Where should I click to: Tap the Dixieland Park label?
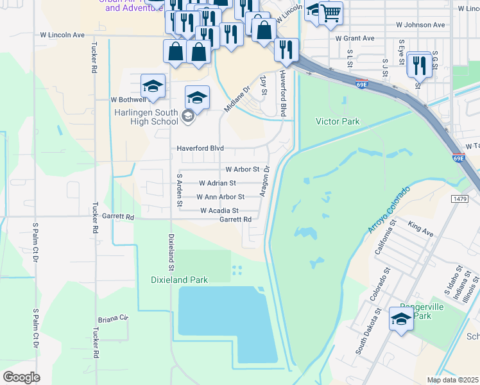click(x=179, y=280)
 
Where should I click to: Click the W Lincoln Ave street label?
click(x=62, y=35)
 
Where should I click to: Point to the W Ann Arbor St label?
click(x=220, y=197)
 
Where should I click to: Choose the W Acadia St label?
click(x=219, y=210)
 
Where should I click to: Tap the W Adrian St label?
click(x=221, y=183)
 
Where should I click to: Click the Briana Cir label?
click(x=113, y=318)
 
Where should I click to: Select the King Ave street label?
click(x=421, y=227)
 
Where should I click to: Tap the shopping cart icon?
click(x=330, y=13)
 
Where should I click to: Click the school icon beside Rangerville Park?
click(x=401, y=319)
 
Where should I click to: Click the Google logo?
click(x=21, y=377)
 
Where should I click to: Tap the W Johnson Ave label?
click(x=420, y=25)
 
